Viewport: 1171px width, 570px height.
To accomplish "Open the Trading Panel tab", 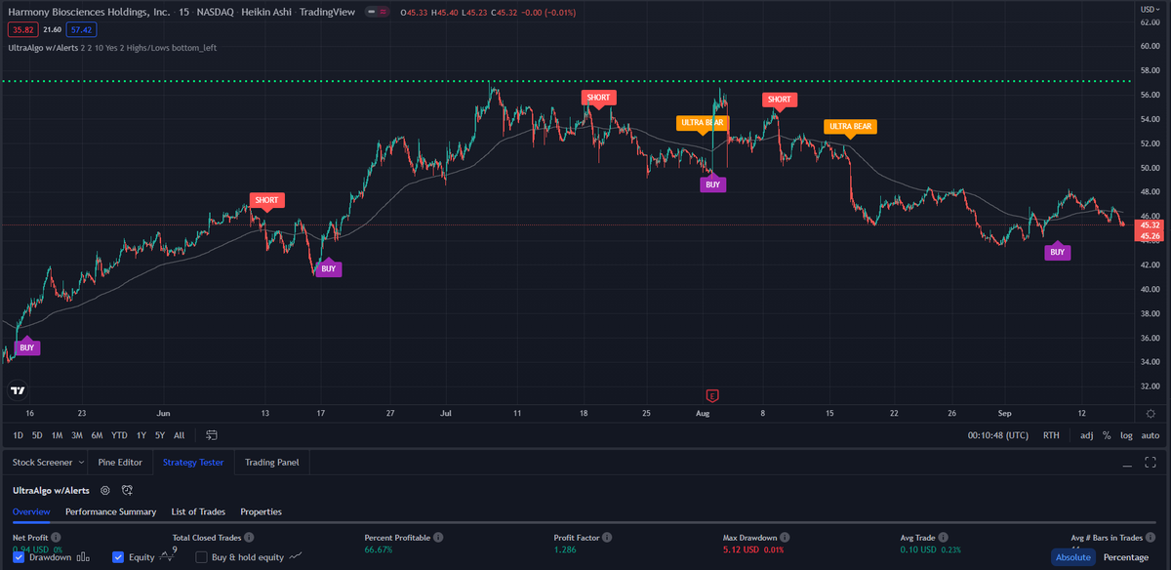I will point(272,462).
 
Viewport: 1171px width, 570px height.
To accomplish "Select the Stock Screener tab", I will point(43,462).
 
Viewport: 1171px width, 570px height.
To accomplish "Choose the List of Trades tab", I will point(198,511).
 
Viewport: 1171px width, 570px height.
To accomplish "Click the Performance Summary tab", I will point(110,511).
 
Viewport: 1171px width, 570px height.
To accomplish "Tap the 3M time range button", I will point(77,434).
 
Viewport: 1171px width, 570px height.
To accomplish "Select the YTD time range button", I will point(119,434).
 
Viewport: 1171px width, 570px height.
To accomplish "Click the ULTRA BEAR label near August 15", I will point(850,127).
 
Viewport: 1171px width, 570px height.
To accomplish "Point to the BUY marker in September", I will point(1056,252).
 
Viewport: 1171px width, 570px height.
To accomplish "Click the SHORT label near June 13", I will point(266,200).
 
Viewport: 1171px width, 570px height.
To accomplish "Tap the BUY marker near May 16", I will point(27,346).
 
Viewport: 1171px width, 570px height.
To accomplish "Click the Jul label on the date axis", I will point(445,413).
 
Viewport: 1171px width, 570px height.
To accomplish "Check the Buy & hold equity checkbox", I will point(202,557).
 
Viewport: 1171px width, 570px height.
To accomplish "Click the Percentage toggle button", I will point(1125,557).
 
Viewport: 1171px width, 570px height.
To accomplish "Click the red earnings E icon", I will point(712,395).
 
